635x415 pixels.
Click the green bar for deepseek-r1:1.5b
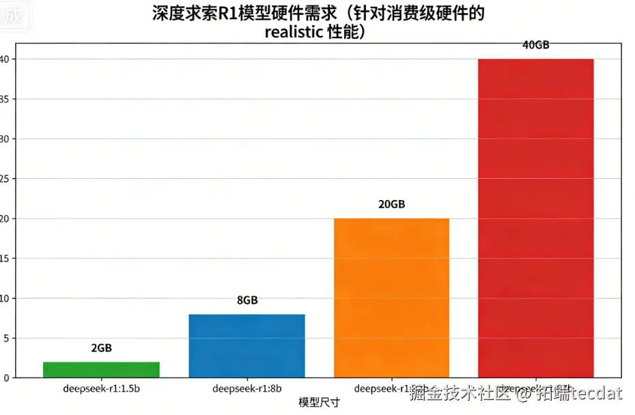(101, 369)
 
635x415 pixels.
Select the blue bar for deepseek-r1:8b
(246, 345)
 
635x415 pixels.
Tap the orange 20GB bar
(391, 297)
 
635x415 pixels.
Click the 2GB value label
(101, 348)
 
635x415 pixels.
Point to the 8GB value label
(247, 300)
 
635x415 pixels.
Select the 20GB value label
(392, 205)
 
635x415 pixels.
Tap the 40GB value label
(536, 45)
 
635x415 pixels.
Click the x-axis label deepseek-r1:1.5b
(101, 389)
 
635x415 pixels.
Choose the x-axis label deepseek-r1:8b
(246, 389)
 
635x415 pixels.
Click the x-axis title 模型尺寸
(319, 403)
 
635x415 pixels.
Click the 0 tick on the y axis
(5, 377)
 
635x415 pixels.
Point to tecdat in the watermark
(599, 393)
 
